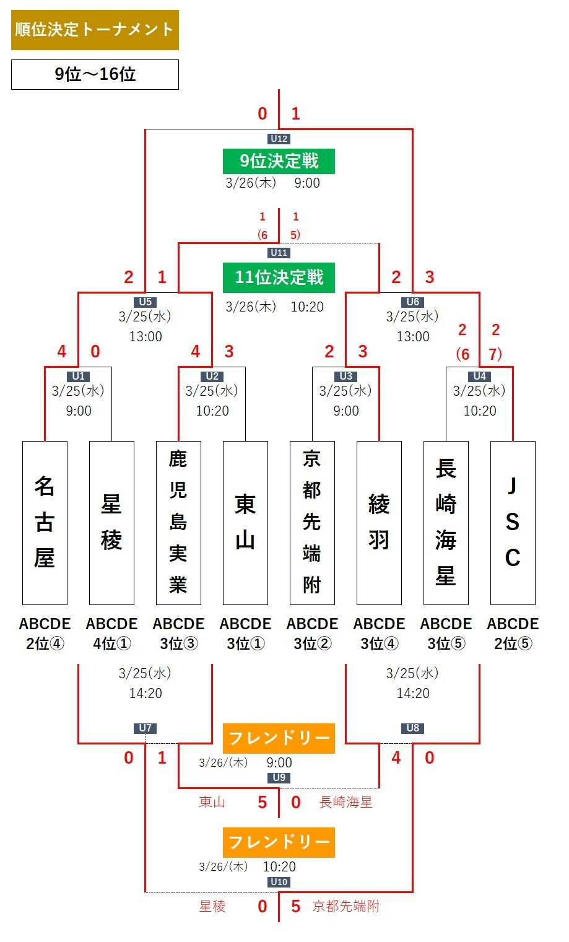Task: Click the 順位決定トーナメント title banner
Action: tap(95, 30)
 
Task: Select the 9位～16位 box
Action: tap(95, 74)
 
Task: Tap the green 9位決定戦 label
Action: tap(279, 161)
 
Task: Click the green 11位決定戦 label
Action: tap(279, 277)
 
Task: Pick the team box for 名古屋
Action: tap(45, 523)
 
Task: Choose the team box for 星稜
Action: tap(111, 523)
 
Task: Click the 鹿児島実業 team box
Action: tap(178, 523)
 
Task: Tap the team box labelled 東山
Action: tap(245, 523)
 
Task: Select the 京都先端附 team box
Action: tap(312, 523)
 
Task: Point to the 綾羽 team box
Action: tap(379, 523)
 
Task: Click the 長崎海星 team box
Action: tap(446, 523)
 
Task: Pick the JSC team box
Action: tap(513, 523)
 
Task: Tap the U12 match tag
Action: tap(279, 139)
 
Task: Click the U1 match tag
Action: tap(79, 376)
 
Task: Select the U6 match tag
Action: tap(413, 302)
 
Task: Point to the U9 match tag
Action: tap(279, 777)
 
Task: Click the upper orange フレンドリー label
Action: tap(279, 738)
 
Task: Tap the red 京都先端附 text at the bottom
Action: tap(345, 906)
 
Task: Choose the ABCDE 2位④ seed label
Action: tap(45, 634)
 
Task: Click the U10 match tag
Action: tap(279, 881)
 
